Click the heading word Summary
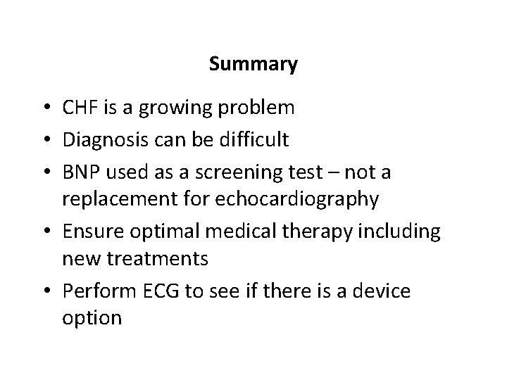pyautogui.click(x=254, y=65)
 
